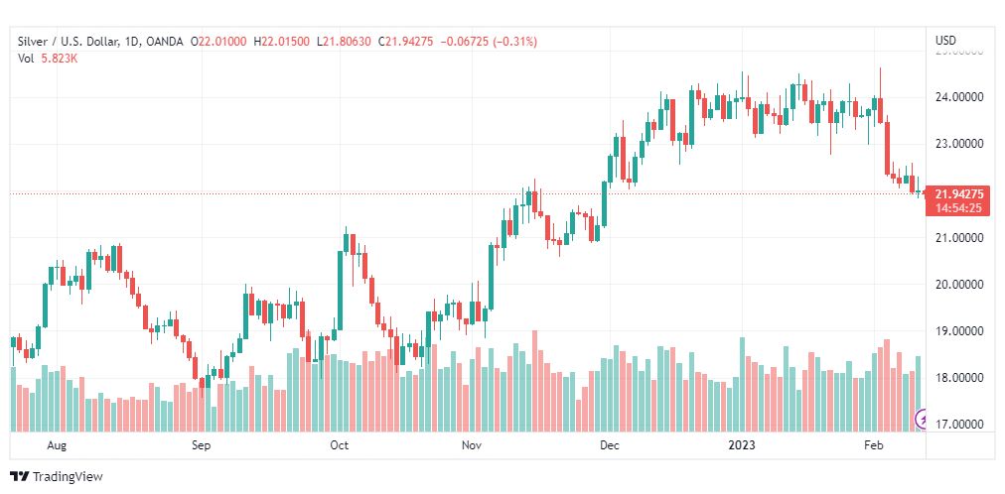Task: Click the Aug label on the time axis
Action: (57, 445)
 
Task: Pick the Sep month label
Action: (202, 445)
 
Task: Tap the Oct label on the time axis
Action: (340, 445)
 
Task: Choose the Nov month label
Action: (472, 445)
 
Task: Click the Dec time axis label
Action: (610, 445)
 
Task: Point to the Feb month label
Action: (874, 445)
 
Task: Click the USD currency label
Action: (945, 41)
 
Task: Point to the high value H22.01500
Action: (284, 41)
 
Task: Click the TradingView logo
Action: (57, 477)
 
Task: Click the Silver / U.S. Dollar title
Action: (66, 41)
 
